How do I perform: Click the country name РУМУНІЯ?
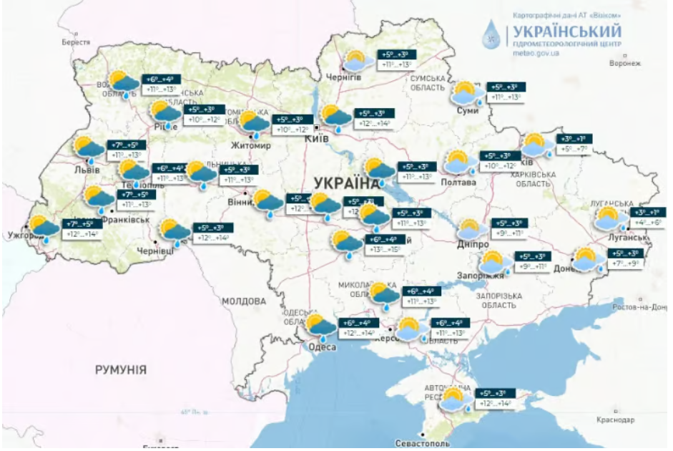pyautogui.click(x=121, y=369)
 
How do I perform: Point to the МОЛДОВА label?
pyautogui.click(x=243, y=301)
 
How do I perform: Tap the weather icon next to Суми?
pyautogui.click(x=467, y=94)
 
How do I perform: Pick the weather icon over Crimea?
pyautogui.click(x=456, y=399)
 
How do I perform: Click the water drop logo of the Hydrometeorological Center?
pyautogui.click(x=492, y=34)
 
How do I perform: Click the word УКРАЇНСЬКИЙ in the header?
pyautogui.click(x=565, y=31)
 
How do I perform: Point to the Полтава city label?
pyautogui.click(x=458, y=183)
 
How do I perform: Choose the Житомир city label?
pyautogui.click(x=250, y=146)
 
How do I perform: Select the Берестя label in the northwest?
pyautogui.click(x=77, y=42)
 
